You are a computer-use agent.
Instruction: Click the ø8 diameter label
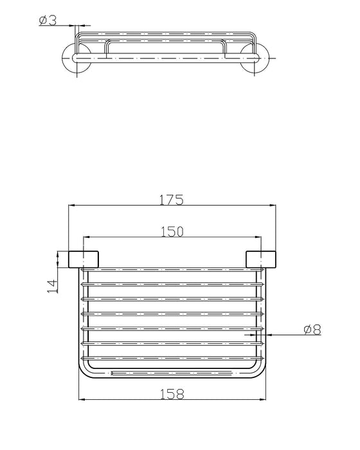coord(311,330)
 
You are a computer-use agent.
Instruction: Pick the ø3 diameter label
coord(48,21)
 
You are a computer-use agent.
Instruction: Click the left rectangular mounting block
coord(84,258)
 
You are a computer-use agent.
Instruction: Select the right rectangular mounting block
coord(262,258)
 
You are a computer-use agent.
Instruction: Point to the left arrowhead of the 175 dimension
coord(71,206)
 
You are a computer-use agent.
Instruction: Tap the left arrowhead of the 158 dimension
coord(81,399)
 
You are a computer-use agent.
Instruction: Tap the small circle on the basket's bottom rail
coord(113,372)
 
